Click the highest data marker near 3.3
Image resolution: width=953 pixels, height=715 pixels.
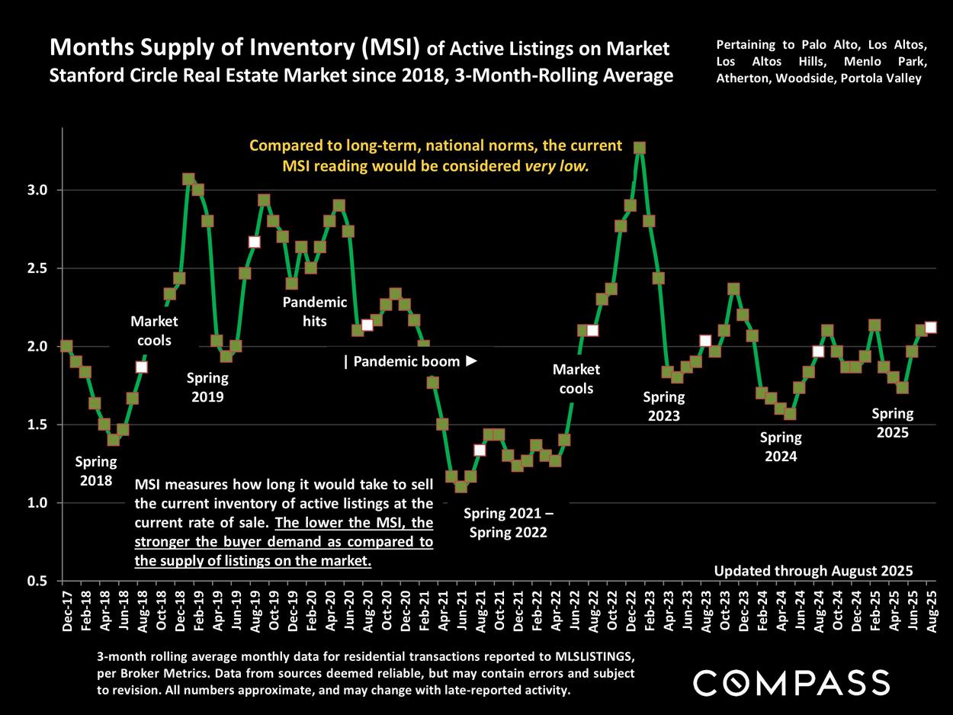pyautogui.click(x=640, y=148)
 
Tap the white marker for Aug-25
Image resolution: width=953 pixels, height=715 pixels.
pyautogui.click(x=930, y=328)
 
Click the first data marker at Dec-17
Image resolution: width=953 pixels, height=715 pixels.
pyautogui.click(x=66, y=346)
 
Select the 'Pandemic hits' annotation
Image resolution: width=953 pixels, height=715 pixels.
pyautogui.click(x=314, y=311)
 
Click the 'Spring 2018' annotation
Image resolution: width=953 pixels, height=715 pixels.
pyautogui.click(x=96, y=471)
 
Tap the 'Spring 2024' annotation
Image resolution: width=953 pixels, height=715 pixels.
pyautogui.click(x=781, y=447)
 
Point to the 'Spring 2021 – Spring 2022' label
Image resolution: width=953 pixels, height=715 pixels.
pyautogui.click(x=508, y=522)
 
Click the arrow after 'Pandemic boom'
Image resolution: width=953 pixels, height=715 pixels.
pyautogui.click(x=471, y=361)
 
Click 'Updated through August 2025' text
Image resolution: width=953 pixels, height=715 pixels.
pyautogui.click(x=813, y=571)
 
